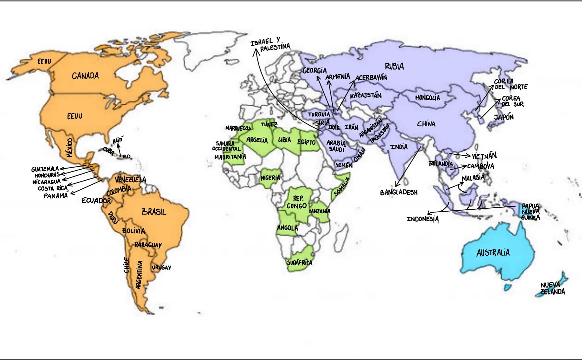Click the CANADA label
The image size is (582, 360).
(x=85, y=76)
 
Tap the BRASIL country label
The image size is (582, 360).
(x=154, y=212)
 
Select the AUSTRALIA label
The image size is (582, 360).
(x=493, y=253)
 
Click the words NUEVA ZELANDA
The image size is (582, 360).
(x=552, y=289)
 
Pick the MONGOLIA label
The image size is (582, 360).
(x=427, y=98)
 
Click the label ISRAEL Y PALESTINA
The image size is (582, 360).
(x=270, y=45)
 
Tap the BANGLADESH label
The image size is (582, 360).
(x=398, y=193)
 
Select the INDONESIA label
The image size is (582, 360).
(x=422, y=219)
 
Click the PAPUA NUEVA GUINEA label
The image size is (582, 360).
(x=530, y=212)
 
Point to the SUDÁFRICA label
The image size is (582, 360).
(x=299, y=263)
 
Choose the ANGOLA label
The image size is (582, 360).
(x=287, y=228)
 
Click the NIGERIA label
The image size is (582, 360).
(x=270, y=178)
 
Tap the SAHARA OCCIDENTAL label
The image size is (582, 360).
(x=226, y=146)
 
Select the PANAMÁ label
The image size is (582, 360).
(x=56, y=196)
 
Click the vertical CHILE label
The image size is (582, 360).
(x=126, y=266)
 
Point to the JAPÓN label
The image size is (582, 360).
(x=503, y=117)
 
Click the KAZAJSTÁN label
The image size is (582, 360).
(x=365, y=96)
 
